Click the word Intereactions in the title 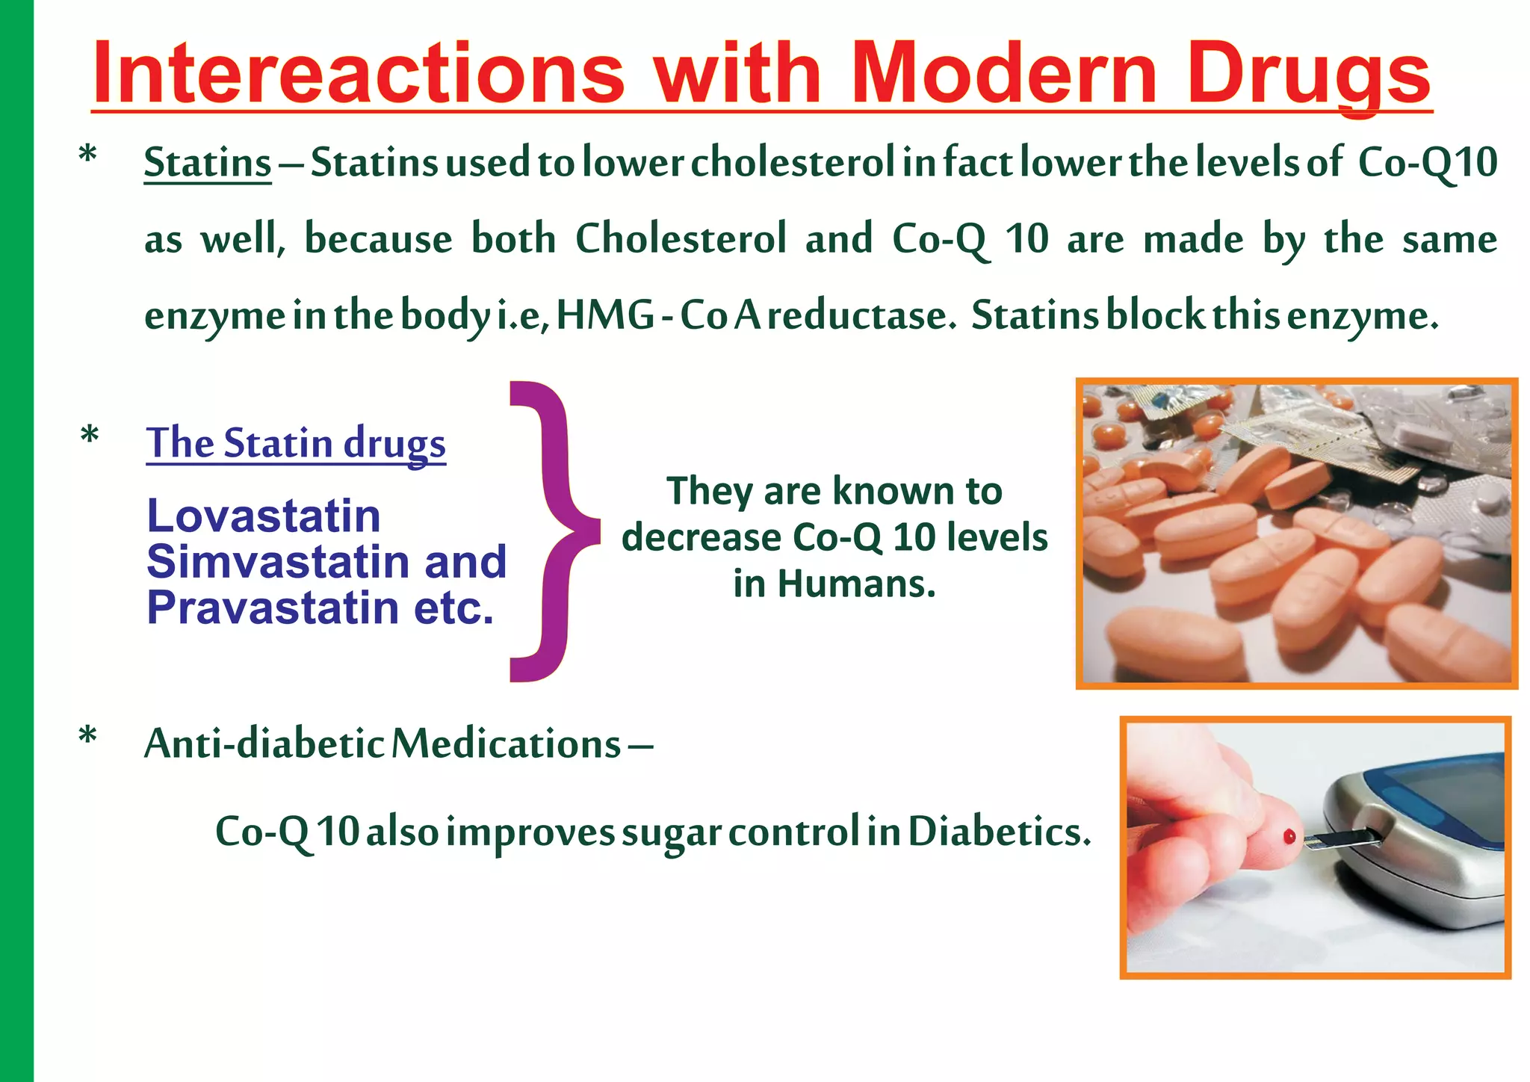click(x=359, y=73)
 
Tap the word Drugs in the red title click(x=1307, y=73)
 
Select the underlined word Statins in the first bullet click(x=207, y=162)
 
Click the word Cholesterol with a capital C click(x=681, y=239)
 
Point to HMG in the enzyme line click(x=605, y=315)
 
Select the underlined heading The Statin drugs click(x=296, y=442)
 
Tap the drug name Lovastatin click(x=264, y=516)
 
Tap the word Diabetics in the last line click(x=999, y=831)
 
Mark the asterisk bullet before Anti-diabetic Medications click(x=88, y=737)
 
